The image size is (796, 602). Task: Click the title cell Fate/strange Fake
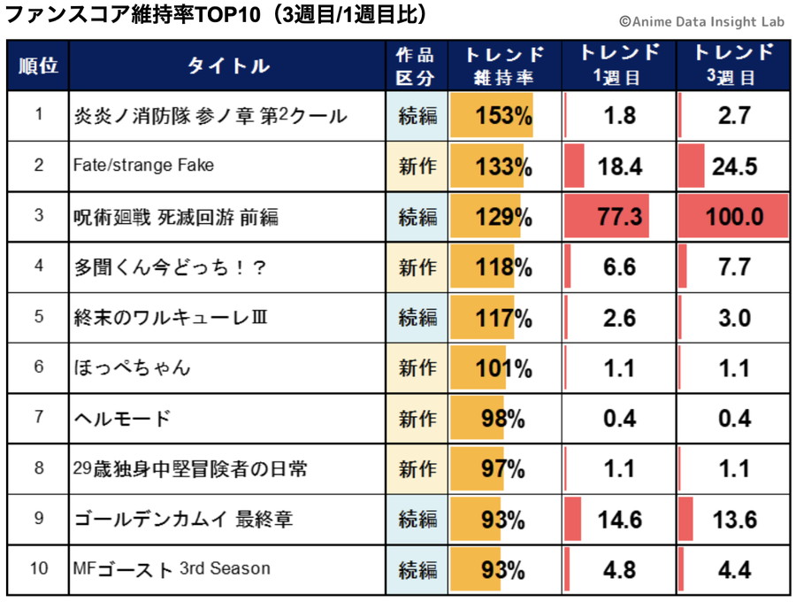(143, 166)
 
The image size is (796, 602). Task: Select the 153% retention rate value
(503, 116)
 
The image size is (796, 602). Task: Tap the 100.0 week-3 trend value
(734, 217)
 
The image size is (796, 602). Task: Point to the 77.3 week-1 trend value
(619, 217)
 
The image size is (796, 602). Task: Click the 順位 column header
(38, 66)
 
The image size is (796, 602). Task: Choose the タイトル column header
(227, 66)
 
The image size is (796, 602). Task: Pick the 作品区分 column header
(417, 66)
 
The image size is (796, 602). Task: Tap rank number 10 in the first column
(38, 567)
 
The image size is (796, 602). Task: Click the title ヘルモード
(122, 417)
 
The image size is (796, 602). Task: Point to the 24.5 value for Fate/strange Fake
(734, 166)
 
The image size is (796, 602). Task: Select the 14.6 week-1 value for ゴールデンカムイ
(619, 518)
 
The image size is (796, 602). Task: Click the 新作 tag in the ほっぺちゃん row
(417, 367)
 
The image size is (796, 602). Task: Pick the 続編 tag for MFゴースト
(417, 568)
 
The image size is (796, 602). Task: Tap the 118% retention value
(503, 267)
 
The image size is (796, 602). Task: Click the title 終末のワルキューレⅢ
(171, 317)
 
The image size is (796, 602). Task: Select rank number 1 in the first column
(38, 115)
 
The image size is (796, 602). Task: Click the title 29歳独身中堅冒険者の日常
(190, 467)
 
